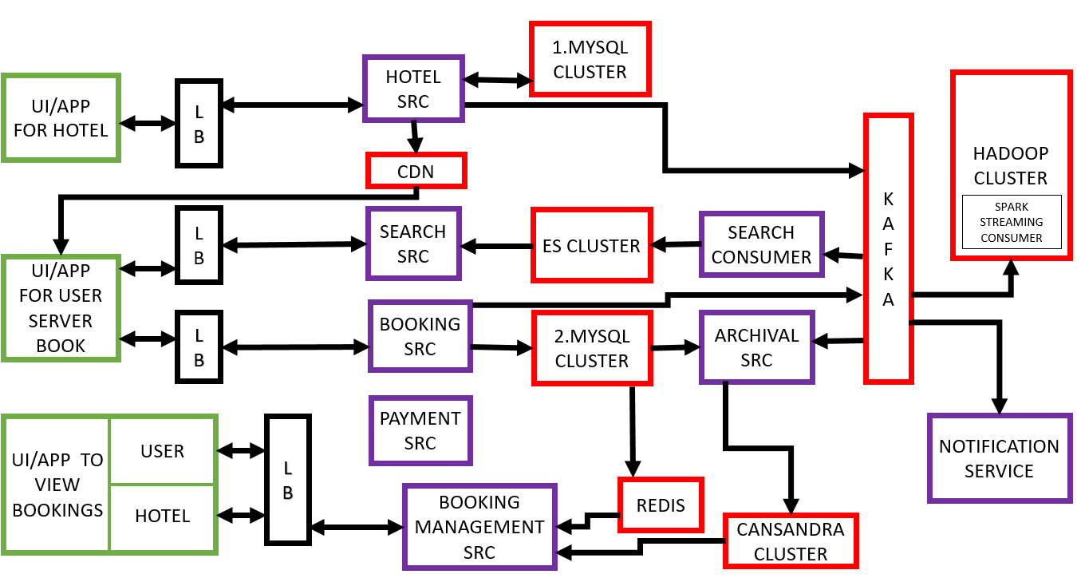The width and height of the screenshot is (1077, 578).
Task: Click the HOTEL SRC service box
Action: [x=413, y=89]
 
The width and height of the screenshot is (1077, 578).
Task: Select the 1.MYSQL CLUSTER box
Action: [x=590, y=60]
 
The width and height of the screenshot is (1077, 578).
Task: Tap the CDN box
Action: [x=416, y=171]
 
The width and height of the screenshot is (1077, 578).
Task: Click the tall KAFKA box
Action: [x=888, y=247]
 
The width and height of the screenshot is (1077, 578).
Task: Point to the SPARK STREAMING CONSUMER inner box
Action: [x=1012, y=222]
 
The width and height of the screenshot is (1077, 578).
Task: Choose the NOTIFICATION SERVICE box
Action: [x=999, y=458]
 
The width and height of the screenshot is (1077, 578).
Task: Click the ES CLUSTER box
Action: [x=591, y=246]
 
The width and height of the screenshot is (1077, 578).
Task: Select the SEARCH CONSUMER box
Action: [x=761, y=244]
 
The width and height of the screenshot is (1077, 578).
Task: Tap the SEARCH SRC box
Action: [x=413, y=243]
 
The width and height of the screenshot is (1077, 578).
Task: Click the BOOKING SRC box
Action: [x=420, y=336]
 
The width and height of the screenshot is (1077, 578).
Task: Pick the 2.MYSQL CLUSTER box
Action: [x=592, y=348]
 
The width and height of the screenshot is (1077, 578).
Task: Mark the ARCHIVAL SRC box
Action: [x=756, y=347]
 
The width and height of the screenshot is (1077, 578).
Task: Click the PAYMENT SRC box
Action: [x=420, y=430]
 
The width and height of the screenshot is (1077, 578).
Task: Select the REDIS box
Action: [x=661, y=505]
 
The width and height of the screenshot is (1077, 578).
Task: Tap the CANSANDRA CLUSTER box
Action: [x=791, y=541]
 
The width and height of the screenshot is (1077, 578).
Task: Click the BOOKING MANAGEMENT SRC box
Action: [x=479, y=527]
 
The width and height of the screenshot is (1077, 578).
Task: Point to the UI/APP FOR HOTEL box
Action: [x=61, y=118]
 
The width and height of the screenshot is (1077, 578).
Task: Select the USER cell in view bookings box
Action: [x=163, y=451]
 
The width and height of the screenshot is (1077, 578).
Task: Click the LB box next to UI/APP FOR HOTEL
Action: [x=199, y=123]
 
